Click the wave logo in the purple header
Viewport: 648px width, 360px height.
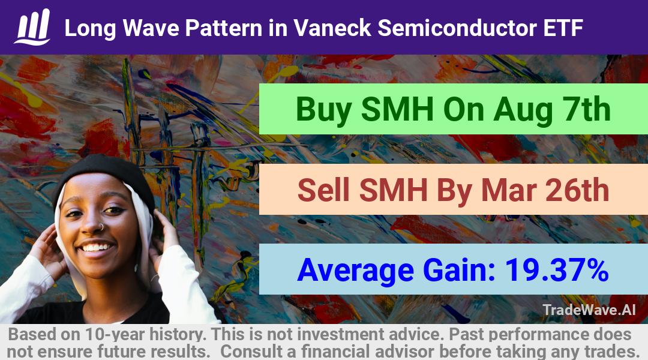(x=32, y=27)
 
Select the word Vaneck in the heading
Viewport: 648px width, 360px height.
(x=332, y=28)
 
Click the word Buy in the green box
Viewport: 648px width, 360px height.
(x=324, y=110)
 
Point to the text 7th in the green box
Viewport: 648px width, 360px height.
(x=585, y=109)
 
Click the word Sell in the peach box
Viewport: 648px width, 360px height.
(x=324, y=190)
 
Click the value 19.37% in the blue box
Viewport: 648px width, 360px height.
(x=557, y=270)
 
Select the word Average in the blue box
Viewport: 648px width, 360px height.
(x=355, y=271)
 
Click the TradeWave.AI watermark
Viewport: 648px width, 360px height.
(x=589, y=310)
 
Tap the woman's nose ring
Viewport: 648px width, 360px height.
(x=101, y=227)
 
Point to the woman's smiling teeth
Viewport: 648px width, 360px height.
(x=96, y=247)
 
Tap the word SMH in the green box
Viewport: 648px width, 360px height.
(x=397, y=109)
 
